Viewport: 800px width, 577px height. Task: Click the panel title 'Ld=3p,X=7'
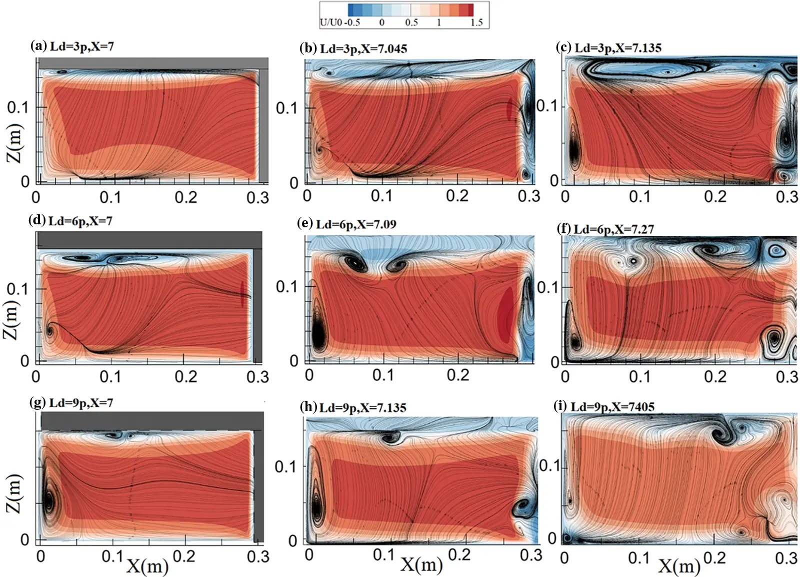(x=81, y=46)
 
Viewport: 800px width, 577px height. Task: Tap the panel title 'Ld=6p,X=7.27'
(x=613, y=229)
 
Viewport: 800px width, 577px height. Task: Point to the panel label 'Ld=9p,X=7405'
(x=612, y=407)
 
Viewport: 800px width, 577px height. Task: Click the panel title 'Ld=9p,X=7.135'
(x=362, y=408)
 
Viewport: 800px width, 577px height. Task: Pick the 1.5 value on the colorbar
(x=476, y=22)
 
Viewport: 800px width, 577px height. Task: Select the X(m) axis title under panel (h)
(x=421, y=565)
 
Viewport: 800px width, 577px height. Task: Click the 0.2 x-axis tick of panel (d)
(x=185, y=377)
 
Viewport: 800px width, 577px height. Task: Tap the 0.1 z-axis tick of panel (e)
(x=286, y=286)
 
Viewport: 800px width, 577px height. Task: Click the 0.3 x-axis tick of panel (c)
(x=786, y=196)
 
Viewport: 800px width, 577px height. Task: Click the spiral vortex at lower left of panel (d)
(x=50, y=331)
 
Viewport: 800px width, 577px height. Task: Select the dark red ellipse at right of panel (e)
(x=506, y=316)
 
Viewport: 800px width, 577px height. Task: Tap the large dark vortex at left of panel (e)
(x=317, y=332)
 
